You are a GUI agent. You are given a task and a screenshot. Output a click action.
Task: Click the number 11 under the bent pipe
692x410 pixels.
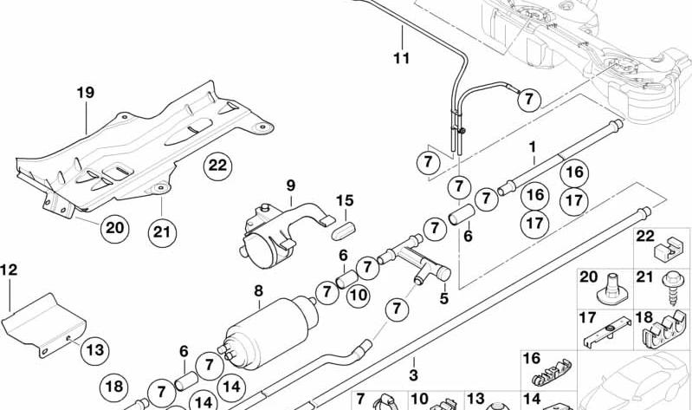401,58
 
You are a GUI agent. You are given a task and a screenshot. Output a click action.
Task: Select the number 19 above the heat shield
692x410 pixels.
86,93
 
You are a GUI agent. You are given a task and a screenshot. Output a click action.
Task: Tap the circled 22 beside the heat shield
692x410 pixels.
217,166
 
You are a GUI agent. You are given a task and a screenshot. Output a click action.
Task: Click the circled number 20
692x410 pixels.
114,228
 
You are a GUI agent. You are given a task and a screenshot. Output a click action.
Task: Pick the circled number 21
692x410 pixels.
162,232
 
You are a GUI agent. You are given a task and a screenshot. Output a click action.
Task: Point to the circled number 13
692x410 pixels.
95,350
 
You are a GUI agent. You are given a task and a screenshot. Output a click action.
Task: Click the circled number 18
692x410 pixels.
113,387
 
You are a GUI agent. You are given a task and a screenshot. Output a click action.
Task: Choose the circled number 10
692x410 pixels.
358,295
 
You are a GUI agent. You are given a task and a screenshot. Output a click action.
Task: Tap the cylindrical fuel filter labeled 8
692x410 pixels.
268,332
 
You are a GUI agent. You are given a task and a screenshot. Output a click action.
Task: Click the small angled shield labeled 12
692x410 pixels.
43,324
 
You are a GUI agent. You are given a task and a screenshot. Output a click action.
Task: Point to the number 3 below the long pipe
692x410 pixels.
413,375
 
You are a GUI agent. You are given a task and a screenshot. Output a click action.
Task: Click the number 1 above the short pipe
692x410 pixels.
533,146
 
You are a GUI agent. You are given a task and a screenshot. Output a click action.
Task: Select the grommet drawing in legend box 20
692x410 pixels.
611,290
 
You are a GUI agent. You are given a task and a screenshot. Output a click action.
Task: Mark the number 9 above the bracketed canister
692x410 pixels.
290,185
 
